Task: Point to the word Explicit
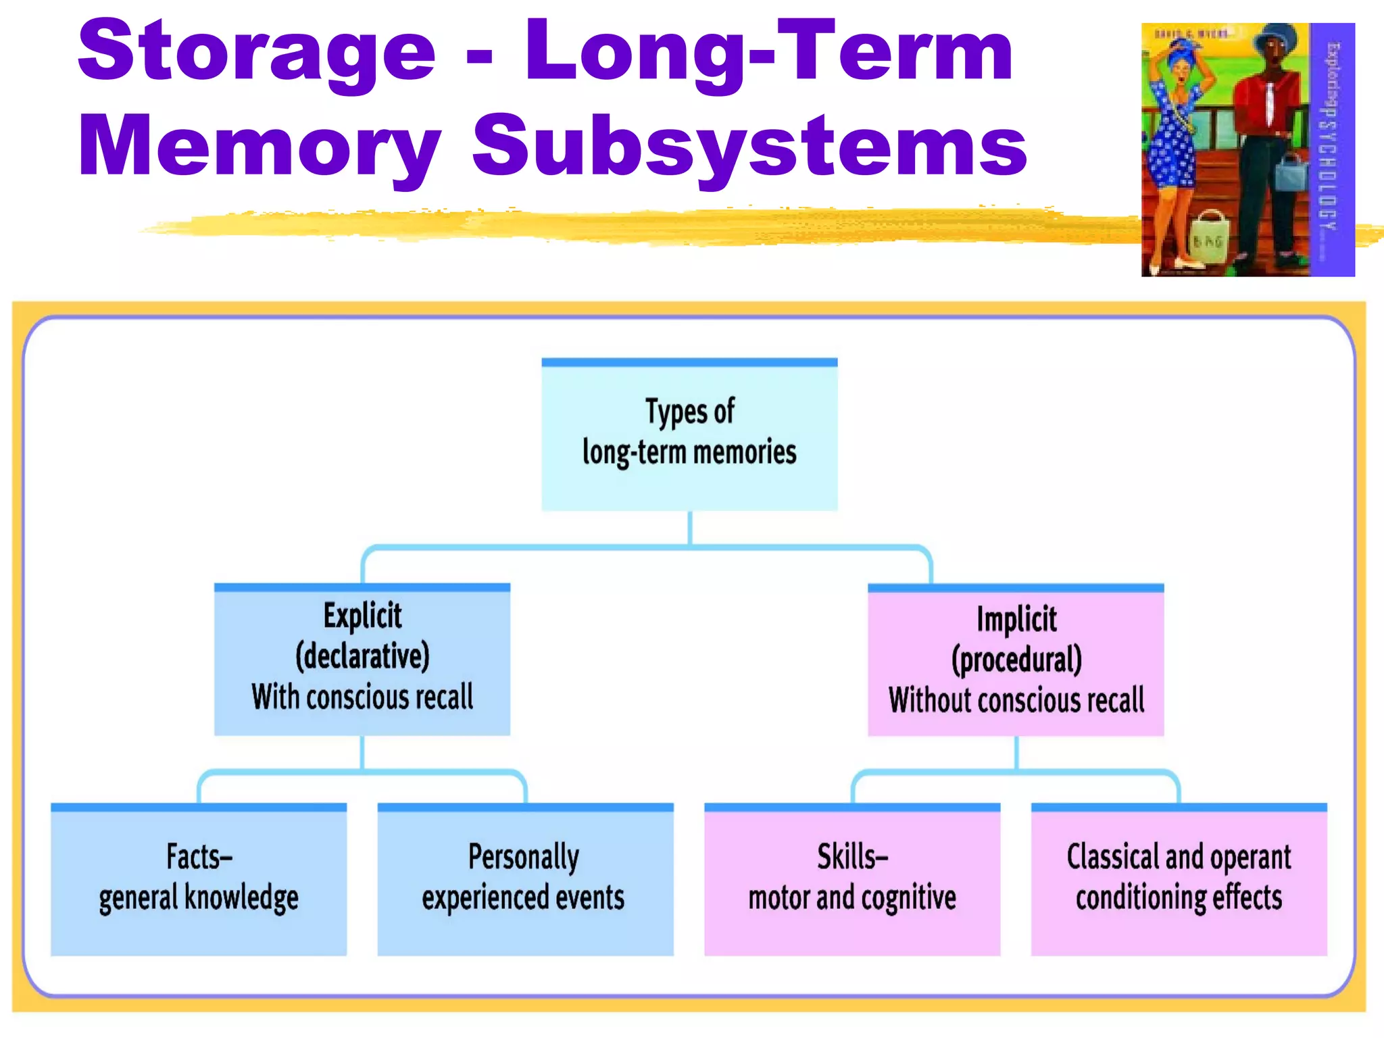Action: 362,616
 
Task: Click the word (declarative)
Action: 362,656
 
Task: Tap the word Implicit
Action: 1016,619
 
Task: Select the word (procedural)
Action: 1016,660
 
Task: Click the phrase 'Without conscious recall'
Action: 1016,700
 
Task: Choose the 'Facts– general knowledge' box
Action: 199,879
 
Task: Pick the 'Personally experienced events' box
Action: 525,879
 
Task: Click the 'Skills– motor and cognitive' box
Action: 851,879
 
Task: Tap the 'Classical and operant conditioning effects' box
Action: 1179,879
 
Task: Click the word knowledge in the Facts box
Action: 241,898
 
